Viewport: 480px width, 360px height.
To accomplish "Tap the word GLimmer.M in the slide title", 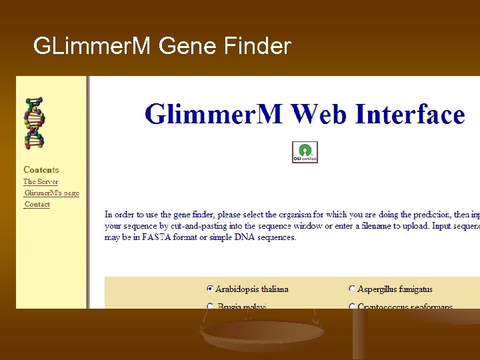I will point(93,46).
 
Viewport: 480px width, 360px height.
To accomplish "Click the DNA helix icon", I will point(34,123).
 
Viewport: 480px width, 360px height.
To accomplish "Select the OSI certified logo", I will point(305,152).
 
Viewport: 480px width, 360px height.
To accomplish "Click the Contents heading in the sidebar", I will point(41,170).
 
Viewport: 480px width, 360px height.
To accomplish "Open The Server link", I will point(41,181).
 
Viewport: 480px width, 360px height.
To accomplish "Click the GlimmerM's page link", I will point(51,193).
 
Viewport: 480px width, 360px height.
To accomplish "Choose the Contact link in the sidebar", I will point(37,204).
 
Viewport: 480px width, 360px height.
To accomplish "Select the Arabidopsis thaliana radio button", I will point(210,289).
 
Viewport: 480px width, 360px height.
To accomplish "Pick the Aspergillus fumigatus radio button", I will point(352,289).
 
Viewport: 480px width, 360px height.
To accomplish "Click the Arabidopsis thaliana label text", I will point(252,289).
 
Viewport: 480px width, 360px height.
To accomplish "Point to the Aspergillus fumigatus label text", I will point(395,289).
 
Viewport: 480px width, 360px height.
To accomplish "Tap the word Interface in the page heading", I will point(410,114).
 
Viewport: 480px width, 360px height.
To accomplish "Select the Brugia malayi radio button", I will point(210,307).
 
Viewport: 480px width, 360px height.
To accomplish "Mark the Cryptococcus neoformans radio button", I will point(352,307).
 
